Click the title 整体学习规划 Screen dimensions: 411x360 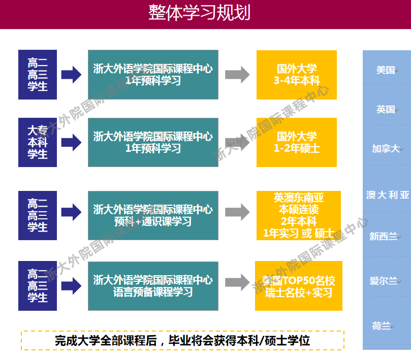(x=199, y=13)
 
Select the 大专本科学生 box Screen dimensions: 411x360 (x=38, y=142)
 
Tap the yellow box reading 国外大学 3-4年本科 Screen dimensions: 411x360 (x=297, y=75)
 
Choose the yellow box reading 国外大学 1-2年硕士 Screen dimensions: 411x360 (x=297, y=142)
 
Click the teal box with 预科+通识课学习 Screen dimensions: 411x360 (x=153, y=215)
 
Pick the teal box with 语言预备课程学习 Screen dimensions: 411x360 (x=153, y=286)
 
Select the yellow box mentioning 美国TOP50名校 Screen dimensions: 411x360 (x=299, y=286)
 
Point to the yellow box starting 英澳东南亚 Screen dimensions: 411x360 (x=299, y=215)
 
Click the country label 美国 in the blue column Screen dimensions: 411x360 (x=386, y=70)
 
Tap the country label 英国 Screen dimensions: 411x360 (x=386, y=109)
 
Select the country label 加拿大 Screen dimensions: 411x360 (x=386, y=149)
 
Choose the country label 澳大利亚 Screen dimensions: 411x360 (x=388, y=195)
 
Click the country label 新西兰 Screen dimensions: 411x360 (x=384, y=237)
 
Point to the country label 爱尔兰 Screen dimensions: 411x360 (x=384, y=281)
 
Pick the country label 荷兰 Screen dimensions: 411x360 (x=382, y=326)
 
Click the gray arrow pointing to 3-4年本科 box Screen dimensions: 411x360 (x=237, y=75)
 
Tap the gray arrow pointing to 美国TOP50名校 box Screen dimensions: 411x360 (x=237, y=282)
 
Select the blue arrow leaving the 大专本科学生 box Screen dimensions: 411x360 (x=71, y=143)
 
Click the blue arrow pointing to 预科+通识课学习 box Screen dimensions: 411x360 (x=71, y=212)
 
